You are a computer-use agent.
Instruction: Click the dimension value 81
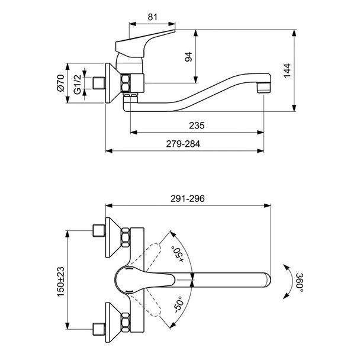coord(152,17)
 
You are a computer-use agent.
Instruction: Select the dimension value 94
coord(188,57)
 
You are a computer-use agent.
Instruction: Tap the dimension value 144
coord(287,70)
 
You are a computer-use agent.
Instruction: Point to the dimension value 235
coord(197,126)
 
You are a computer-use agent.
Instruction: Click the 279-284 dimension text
coord(183,144)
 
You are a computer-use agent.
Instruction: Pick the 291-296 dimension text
coord(187,198)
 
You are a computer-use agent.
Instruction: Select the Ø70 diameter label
coord(60,83)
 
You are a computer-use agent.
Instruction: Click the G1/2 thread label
coord(78,85)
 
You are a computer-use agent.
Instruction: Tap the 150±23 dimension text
coord(60,282)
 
